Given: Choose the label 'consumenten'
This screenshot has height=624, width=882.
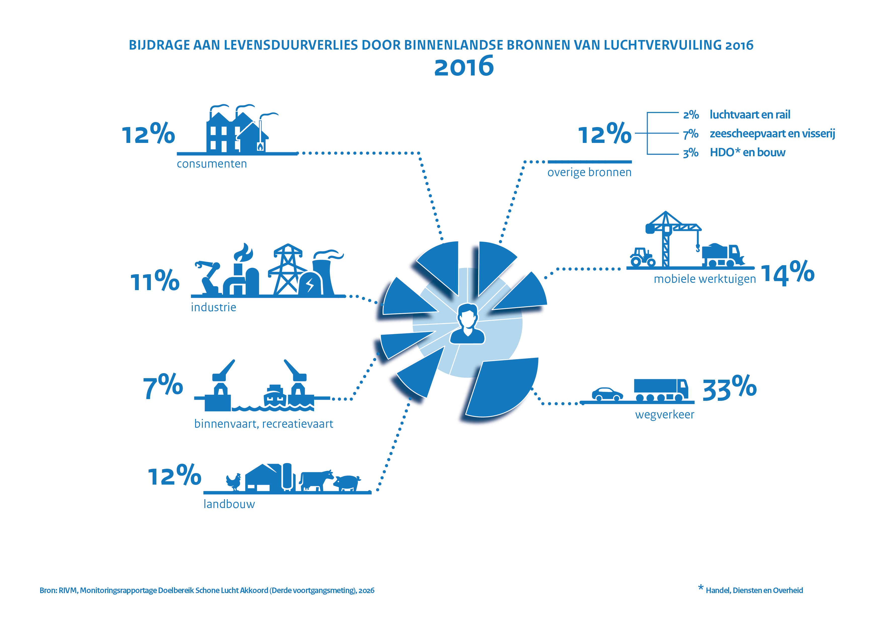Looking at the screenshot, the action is coord(212,164).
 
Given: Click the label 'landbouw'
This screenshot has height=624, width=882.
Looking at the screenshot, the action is coord(229,504).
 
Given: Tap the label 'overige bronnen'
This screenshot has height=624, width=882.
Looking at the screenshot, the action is coord(589,173).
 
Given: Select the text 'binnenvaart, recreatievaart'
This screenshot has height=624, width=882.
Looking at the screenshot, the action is coord(263,424).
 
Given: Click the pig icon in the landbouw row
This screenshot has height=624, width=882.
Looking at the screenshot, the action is coord(347,483).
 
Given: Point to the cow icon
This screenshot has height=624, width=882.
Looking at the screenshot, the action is coord(316,480).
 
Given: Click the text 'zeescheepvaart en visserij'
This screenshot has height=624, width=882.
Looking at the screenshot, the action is coord(772,133).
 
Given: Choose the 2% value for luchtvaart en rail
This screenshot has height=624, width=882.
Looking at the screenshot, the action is coord(691,114).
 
